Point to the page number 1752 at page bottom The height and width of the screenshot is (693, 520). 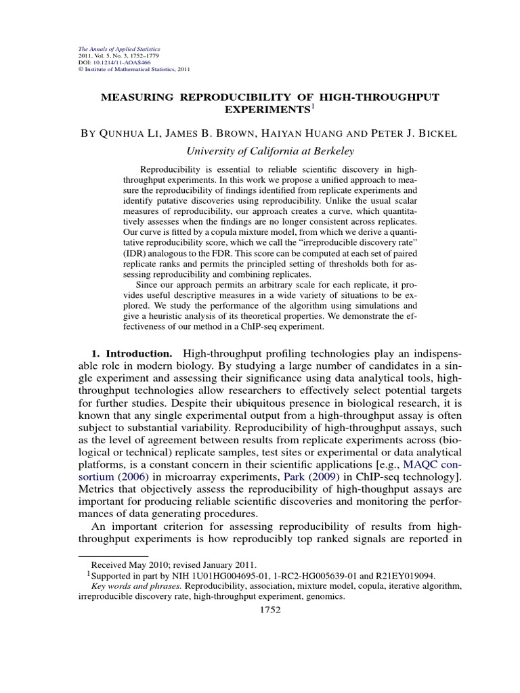270,609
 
